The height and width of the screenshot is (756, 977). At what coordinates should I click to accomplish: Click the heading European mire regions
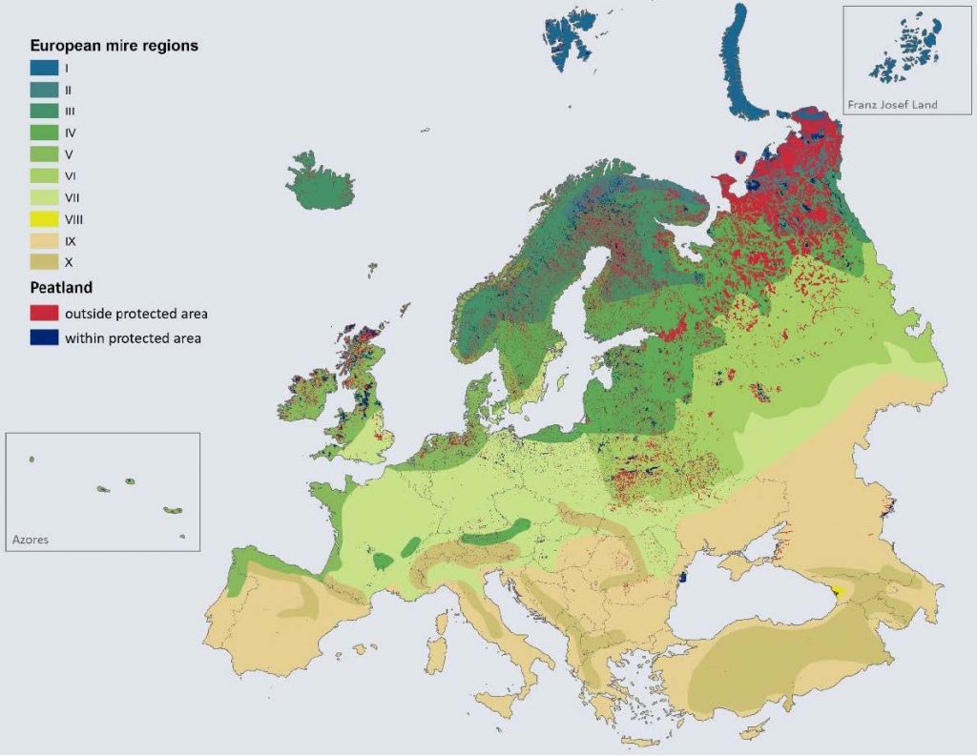(114, 45)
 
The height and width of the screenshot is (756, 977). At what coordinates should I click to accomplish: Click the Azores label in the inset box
(30, 540)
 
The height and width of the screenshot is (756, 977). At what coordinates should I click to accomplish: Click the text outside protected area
(135, 314)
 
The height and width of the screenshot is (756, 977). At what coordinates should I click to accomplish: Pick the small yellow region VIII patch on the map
(838, 591)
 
